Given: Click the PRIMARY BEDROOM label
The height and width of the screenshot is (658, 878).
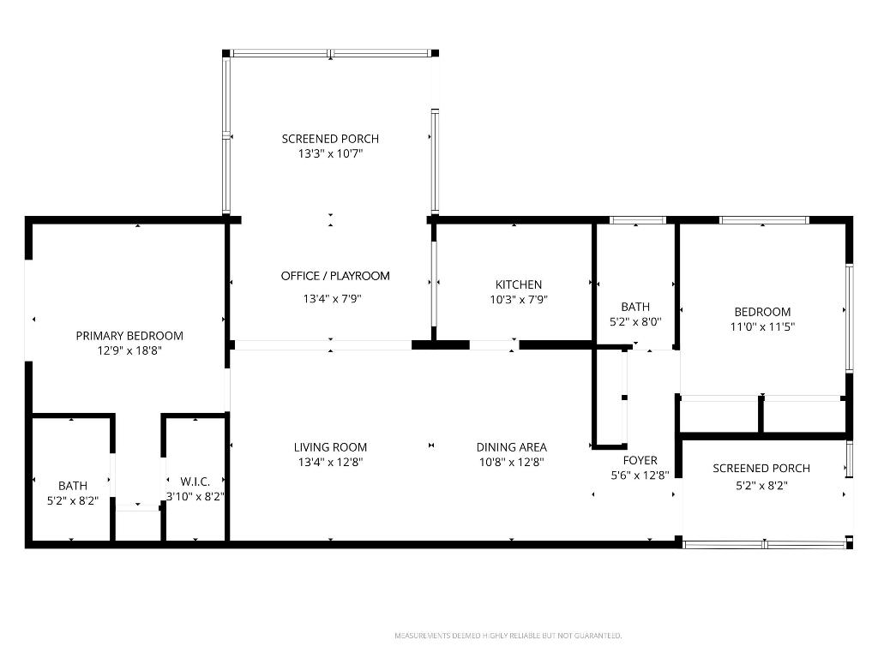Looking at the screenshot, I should [x=129, y=336].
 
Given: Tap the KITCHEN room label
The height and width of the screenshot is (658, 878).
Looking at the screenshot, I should [x=519, y=284].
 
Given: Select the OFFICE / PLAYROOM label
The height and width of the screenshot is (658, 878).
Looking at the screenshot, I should [x=335, y=276].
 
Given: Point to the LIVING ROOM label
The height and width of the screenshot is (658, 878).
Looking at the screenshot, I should [x=330, y=447].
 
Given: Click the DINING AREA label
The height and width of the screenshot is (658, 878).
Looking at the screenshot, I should [x=511, y=447].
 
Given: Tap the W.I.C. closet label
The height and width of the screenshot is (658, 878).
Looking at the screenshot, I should [x=195, y=482].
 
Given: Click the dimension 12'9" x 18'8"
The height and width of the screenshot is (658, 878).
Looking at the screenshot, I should [x=129, y=350].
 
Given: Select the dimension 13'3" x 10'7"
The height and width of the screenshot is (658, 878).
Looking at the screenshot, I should [x=330, y=153].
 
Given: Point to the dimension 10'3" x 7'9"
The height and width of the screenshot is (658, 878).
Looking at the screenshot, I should [x=519, y=300].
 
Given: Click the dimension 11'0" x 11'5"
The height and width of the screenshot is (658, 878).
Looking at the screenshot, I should [x=762, y=326].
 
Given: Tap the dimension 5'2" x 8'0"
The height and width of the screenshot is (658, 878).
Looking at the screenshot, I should [x=635, y=321].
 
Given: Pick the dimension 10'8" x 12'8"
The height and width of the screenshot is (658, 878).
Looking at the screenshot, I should [x=511, y=462].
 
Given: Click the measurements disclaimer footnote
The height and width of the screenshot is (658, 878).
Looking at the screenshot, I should [x=508, y=636].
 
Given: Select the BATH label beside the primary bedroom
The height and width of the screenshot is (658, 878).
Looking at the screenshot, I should [x=73, y=486].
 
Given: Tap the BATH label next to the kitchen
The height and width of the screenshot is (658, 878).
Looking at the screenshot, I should [x=635, y=307].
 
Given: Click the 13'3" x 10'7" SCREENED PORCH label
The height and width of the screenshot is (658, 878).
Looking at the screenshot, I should [x=330, y=139].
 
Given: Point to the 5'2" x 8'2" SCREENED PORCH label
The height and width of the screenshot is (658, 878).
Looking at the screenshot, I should [x=761, y=469].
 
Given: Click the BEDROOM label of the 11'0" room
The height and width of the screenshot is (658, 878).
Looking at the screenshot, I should [x=762, y=312].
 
